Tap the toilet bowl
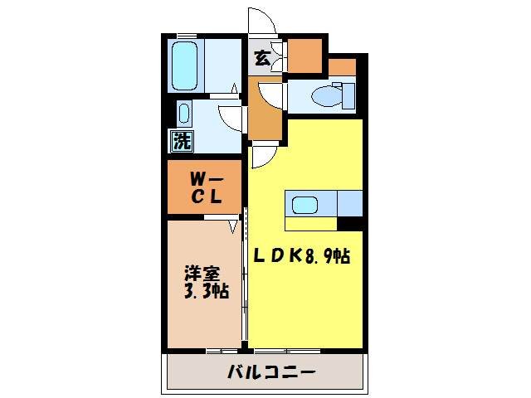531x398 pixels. tap(324, 96)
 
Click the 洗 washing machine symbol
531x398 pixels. tap(181, 141)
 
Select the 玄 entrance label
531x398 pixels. tap(261, 58)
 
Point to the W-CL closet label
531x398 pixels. tap(205, 187)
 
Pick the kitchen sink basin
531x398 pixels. tap(303, 203)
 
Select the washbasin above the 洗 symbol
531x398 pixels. tap(183, 113)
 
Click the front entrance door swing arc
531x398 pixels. tap(259, 21)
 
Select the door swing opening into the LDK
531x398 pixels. tap(264, 154)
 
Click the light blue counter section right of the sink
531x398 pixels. tap(348, 201)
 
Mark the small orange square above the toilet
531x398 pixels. tap(341, 67)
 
